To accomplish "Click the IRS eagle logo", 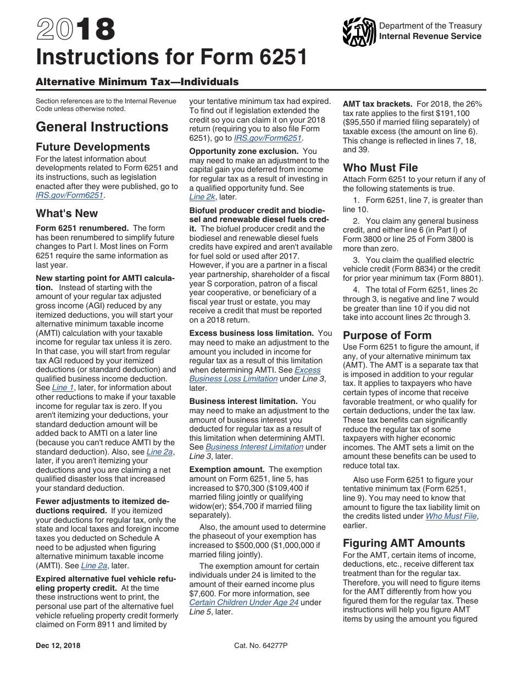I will click(359, 32).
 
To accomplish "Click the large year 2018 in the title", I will click(76, 29).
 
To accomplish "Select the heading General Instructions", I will click(102, 127).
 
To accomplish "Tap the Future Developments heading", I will click(92, 147).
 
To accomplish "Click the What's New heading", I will click(66, 214).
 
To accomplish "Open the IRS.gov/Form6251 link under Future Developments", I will click(69, 195).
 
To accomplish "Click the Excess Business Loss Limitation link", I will click(254, 374).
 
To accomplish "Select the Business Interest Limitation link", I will click(254, 447).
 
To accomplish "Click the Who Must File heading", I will click(380, 168).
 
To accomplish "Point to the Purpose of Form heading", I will click(387, 336).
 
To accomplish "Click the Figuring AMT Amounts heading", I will click(404, 544).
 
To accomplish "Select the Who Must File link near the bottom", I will click(451, 516).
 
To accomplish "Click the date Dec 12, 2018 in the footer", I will click(58, 646).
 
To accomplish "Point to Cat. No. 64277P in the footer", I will click(261, 646).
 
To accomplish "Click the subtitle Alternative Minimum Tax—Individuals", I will click(137, 82).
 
